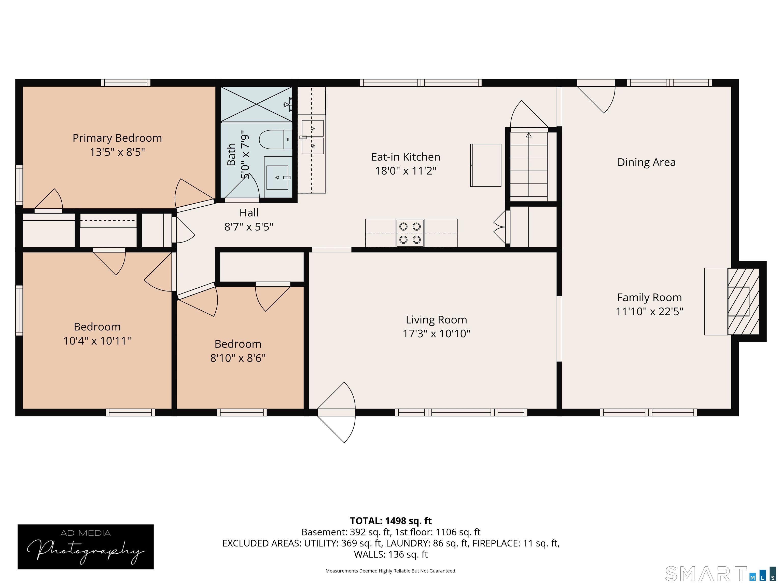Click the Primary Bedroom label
click(117, 138)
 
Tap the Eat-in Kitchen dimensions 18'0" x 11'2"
click(406, 171)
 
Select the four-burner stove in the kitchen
click(410, 233)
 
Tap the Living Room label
click(436, 319)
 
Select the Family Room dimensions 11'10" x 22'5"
click(649, 311)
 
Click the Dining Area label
click(646, 162)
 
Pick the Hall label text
click(249, 213)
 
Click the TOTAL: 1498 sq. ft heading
click(391, 521)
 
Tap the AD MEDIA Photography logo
click(86, 547)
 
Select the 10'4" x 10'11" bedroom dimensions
click(97, 341)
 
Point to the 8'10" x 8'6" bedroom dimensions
click(238, 358)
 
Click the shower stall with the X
click(256, 104)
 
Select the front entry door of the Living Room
click(336, 412)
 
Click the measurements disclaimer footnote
click(391, 571)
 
